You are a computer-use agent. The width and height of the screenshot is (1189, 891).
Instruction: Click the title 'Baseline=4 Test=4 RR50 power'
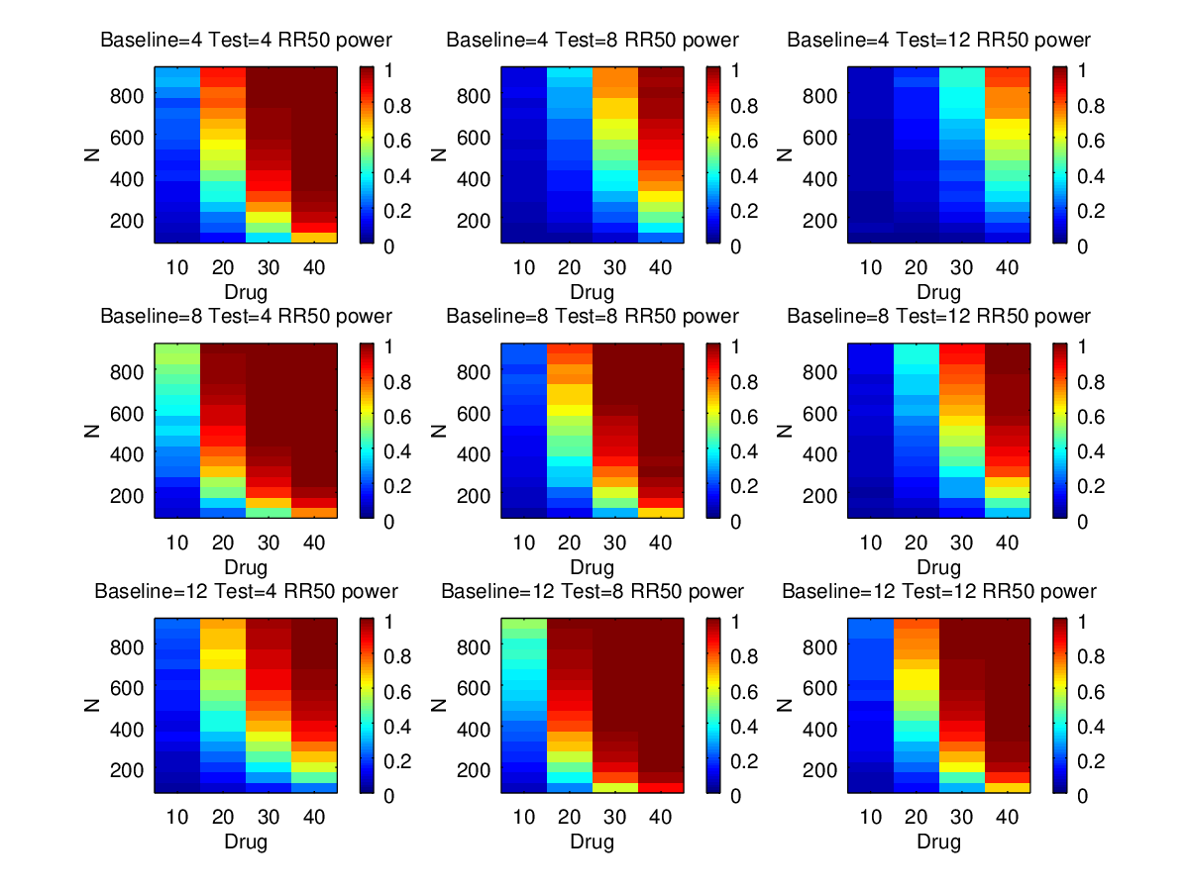point(246,41)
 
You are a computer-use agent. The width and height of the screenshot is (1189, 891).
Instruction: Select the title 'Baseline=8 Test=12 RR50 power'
point(938,316)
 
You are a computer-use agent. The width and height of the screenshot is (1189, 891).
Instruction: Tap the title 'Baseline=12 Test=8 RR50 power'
point(592,591)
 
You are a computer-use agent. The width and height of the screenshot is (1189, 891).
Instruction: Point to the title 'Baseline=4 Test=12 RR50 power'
point(938,41)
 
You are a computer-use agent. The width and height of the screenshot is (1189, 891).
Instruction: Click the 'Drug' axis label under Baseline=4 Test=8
point(592,292)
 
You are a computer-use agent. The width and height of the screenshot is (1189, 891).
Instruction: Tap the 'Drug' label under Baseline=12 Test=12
point(938,842)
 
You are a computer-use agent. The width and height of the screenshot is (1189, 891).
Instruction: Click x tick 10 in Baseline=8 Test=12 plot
point(870,542)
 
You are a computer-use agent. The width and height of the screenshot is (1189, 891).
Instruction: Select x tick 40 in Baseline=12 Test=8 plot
point(660,817)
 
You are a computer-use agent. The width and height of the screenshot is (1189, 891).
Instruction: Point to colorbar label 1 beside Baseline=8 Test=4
point(386,346)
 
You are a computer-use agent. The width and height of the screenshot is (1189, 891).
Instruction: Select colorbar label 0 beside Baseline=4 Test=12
point(1081,247)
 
